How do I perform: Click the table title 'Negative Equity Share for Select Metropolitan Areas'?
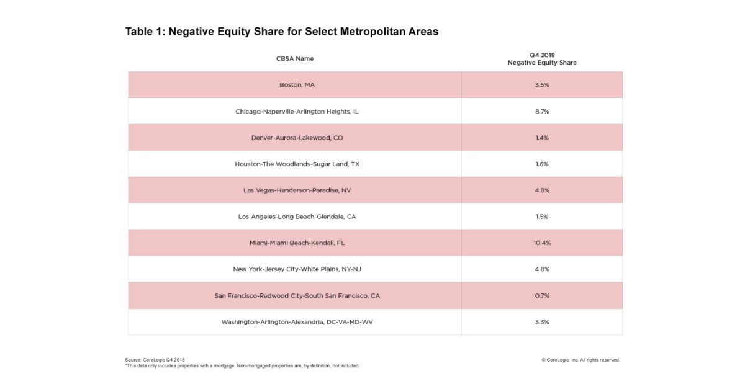click(x=282, y=32)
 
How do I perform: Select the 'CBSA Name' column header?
click(x=295, y=58)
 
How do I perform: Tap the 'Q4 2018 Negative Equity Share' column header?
click(x=541, y=59)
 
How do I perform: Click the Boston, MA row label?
click(x=295, y=85)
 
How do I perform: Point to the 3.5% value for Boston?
click(x=542, y=85)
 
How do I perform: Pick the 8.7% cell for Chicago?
click(x=542, y=111)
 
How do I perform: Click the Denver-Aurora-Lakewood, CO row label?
click(x=295, y=138)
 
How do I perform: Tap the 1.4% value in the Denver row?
click(x=542, y=138)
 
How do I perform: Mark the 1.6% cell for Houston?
click(x=542, y=164)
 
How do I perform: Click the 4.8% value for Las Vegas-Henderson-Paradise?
click(x=542, y=190)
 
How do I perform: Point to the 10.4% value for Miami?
click(x=542, y=243)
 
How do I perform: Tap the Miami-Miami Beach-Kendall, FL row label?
click(x=295, y=243)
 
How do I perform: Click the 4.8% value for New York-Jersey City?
click(x=542, y=269)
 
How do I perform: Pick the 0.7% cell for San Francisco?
click(x=542, y=296)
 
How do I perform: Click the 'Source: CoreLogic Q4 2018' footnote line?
click(x=155, y=360)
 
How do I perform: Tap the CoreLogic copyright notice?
click(x=580, y=360)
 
